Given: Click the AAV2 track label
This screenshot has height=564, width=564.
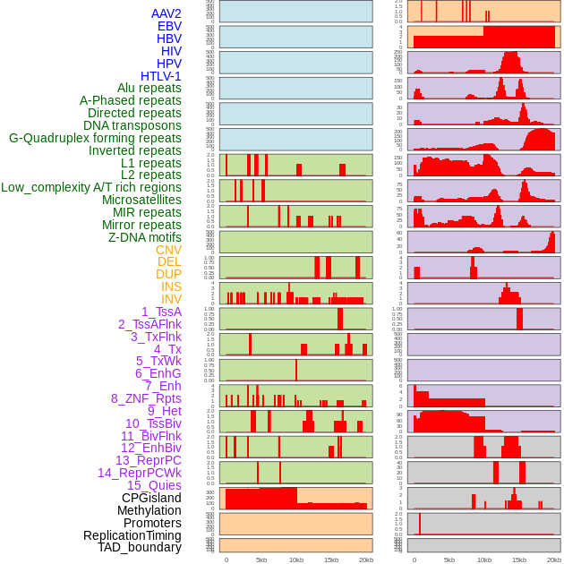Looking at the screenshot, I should [167, 13].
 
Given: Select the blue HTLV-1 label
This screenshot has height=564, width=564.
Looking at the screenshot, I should [161, 76].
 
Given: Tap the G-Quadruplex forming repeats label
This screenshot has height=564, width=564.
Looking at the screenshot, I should [95, 138].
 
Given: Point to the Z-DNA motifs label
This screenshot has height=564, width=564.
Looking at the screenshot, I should [145, 237].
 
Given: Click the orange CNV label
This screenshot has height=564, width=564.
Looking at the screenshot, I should [168, 250].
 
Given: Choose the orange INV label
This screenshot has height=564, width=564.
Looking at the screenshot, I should [171, 299].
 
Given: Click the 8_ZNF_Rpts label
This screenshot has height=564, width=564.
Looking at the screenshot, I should [146, 398].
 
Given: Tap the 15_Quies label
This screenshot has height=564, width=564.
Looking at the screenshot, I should [154, 485].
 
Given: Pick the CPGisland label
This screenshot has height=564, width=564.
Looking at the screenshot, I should [151, 498].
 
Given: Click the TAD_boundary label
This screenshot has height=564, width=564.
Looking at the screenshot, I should [140, 547].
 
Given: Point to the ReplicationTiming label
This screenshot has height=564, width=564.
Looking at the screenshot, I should [132, 535].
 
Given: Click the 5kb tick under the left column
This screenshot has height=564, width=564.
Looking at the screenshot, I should [261, 560].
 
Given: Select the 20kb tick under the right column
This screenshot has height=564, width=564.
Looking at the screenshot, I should [554, 560].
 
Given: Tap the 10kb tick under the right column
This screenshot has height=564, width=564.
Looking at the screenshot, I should [484, 560].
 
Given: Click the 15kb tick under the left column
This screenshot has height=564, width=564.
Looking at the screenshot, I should [331, 560].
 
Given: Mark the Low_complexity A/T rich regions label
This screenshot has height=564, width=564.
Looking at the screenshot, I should [91, 187].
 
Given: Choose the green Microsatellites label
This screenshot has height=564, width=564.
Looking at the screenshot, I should [141, 200].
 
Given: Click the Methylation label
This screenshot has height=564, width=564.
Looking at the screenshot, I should [149, 510].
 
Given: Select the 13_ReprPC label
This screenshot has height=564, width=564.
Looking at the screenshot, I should [149, 460].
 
